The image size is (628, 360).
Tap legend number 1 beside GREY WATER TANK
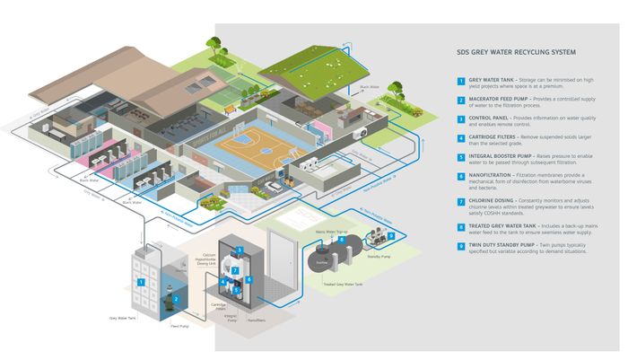pyautogui.click(x=461, y=80)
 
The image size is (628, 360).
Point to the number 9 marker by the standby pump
pyautogui.click(x=390, y=236)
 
